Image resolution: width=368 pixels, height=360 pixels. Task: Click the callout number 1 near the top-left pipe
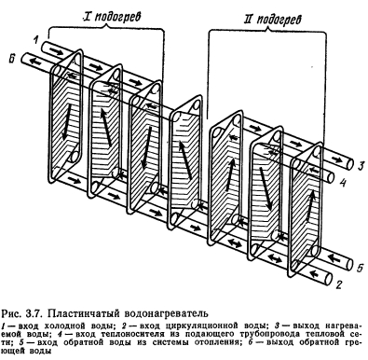point(36,40)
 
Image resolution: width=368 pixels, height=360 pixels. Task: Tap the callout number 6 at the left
point(12,59)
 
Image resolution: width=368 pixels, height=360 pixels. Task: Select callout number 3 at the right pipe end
point(360,165)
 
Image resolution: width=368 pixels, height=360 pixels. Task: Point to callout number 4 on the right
point(342,183)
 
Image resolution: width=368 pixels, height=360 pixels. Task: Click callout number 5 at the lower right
point(359,268)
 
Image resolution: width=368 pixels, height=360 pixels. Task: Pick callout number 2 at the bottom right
point(339,284)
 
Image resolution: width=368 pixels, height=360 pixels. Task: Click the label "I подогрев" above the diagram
point(112,17)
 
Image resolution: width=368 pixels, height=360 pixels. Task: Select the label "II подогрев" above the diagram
point(273,20)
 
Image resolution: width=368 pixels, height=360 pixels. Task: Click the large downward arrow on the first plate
point(66,121)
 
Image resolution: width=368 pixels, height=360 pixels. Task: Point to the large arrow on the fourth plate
point(184,159)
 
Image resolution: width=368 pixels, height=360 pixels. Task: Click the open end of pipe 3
point(350,164)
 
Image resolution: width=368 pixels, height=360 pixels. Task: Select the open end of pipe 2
point(329,278)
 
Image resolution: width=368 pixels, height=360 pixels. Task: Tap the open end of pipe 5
point(349,264)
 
